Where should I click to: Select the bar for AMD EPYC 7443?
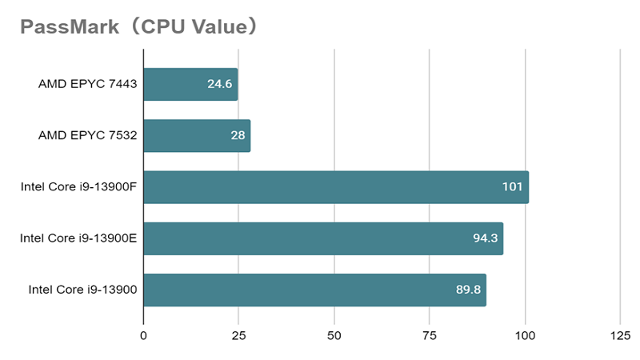click(x=190, y=84)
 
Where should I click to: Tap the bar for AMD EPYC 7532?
click(x=197, y=136)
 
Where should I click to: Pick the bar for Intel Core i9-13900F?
click(x=336, y=187)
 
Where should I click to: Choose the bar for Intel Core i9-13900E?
click(x=323, y=238)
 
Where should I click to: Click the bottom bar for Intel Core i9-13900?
click(x=314, y=290)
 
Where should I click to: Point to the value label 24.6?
click(x=219, y=84)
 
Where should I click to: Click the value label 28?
click(x=238, y=136)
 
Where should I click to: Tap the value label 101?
click(x=512, y=187)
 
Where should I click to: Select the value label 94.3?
click(x=484, y=238)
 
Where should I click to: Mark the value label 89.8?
click(x=468, y=290)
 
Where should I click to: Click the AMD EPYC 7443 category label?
click(x=88, y=84)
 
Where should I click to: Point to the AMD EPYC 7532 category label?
click(x=88, y=136)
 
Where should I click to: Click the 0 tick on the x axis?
click(x=143, y=335)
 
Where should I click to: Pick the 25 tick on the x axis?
click(x=238, y=335)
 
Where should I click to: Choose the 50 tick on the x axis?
click(x=334, y=335)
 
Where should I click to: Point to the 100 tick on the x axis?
click(x=525, y=335)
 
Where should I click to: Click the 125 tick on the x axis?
click(x=620, y=335)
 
